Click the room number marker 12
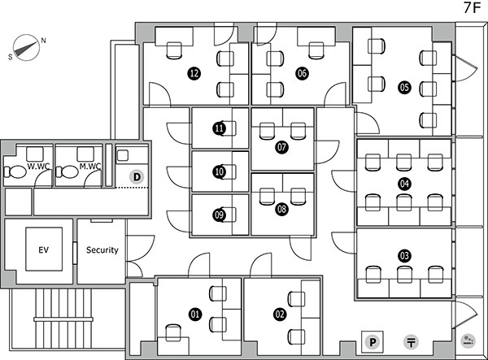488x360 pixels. tap(194, 73)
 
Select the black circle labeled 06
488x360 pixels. tap(302, 73)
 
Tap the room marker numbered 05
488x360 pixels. tap(404, 87)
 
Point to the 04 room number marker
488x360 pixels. tap(404, 184)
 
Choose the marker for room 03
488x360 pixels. tap(404, 256)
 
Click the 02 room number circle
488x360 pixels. tap(280, 314)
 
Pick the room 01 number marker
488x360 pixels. tap(195, 314)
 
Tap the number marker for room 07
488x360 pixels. tap(281, 147)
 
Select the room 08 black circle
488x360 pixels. tap(281, 209)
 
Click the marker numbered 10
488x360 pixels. tap(220, 171)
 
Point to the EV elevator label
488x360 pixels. tap(44, 249)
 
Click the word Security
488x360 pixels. tap(102, 250)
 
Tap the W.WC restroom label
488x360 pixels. tap(38, 167)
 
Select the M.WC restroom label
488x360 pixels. tap(90, 167)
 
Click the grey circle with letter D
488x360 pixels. tap(137, 177)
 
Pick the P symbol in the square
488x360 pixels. tap(373, 342)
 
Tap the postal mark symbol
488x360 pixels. tap(411, 342)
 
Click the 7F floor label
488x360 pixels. tap(472, 8)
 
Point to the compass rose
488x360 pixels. tap(27, 48)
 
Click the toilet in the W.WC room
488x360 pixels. tap(15, 171)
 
